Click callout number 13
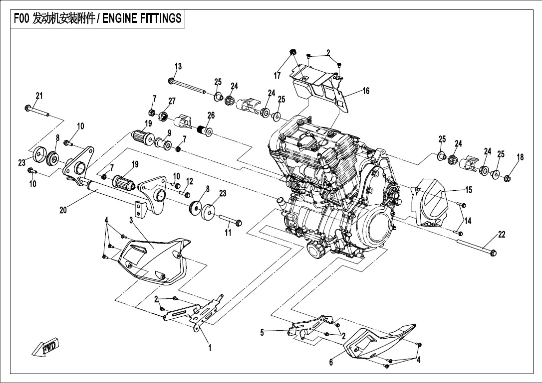point(178,67)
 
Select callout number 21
point(39,96)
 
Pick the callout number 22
point(502,235)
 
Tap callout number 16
point(366,91)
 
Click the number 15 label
point(468,190)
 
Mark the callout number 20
point(63,210)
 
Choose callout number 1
point(210,349)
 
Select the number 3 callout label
point(131,220)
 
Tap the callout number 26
point(211,116)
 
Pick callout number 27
point(172,101)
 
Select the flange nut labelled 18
point(508,177)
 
